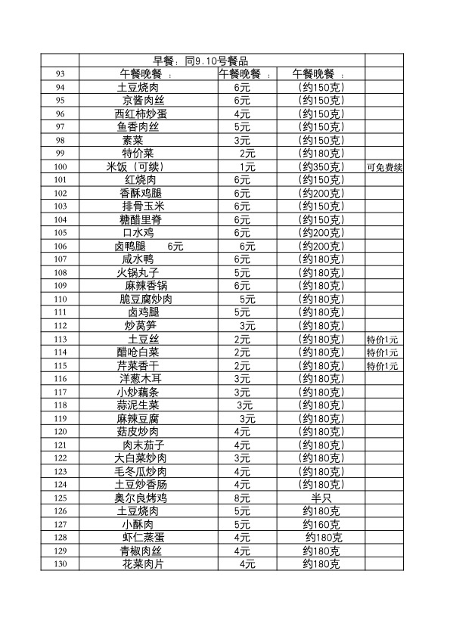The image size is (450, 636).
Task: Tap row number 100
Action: (61, 167)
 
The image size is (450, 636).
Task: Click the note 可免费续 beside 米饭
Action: (384, 167)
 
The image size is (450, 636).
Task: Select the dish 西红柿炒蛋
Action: (141, 114)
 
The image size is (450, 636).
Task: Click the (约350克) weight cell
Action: (321, 167)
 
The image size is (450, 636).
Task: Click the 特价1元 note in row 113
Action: (383, 340)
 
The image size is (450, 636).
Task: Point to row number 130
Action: (61, 564)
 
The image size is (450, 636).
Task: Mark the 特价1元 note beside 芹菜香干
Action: (383, 366)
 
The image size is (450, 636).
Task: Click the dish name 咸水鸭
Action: (138, 259)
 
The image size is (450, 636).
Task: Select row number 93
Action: (61, 74)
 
